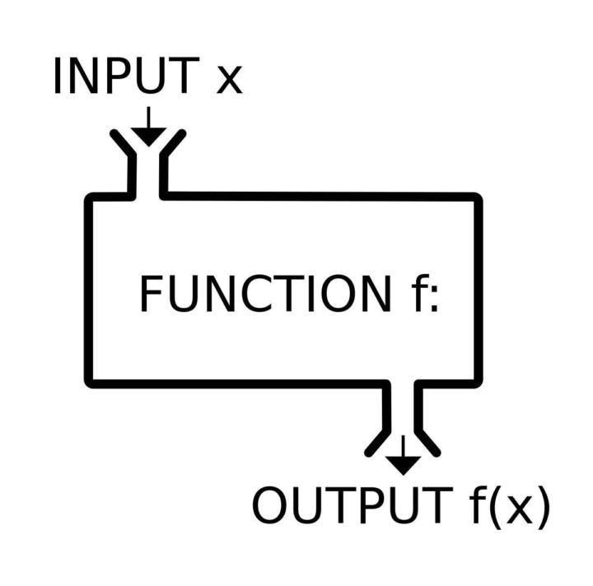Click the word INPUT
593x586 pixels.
pyautogui.click(x=125, y=77)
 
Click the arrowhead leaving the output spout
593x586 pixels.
pyautogui.click(x=403, y=463)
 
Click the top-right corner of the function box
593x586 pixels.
pyautogui.click(x=477, y=198)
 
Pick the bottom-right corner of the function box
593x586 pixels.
pyautogui.click(x=477, y=382)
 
